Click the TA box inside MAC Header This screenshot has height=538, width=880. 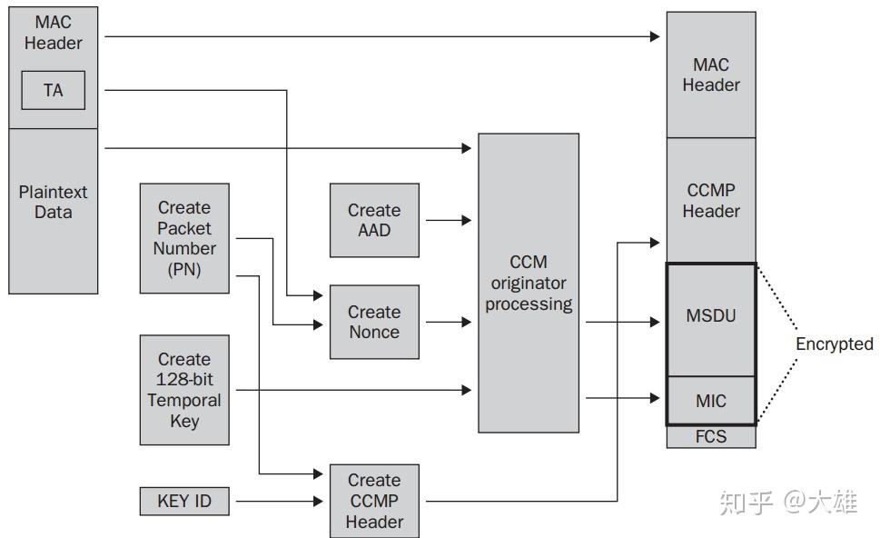point(54,90)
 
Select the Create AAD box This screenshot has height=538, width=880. point(374,220)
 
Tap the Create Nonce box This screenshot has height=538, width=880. point(374,322)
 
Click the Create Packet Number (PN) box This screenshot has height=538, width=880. point(184,238)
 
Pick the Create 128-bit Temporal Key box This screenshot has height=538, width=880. point(184,390)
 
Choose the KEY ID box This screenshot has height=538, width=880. point(184,501)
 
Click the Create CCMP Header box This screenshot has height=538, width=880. point(374,501)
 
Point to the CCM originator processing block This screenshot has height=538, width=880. point(529,283)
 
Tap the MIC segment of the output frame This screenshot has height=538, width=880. point(711,400)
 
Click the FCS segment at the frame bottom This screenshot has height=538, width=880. point(711,437)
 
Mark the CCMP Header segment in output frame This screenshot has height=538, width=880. point(711,200)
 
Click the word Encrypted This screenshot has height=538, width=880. point(834,344)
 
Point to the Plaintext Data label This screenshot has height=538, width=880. point(53,202)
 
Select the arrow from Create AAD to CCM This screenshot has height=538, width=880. point(449,220)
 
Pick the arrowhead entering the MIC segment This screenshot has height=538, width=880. point(654,397)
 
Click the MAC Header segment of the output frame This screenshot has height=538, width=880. point(711,75)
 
